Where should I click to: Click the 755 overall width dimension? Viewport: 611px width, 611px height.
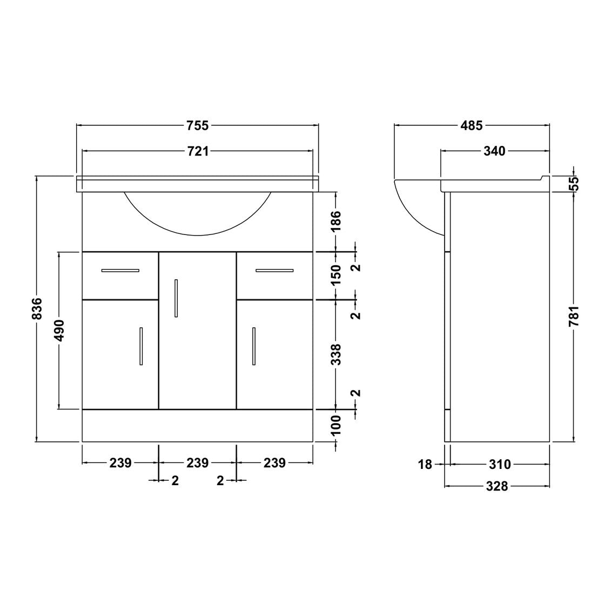coord(198,125)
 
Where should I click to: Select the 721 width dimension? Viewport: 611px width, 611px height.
coord(198,151)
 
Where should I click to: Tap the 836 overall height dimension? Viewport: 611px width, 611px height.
coord(37,308)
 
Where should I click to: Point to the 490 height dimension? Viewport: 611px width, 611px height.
coord(59,331)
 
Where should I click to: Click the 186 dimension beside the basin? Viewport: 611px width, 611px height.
coord(335,221)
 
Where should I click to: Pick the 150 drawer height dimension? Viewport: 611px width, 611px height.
coord(335,275)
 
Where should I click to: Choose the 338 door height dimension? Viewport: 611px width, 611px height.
coord(335,354)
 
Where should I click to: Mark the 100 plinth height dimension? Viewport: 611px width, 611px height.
coord(335,425)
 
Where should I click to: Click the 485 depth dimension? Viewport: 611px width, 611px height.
coord(472,125)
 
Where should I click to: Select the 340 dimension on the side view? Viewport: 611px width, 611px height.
coord(494,151)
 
